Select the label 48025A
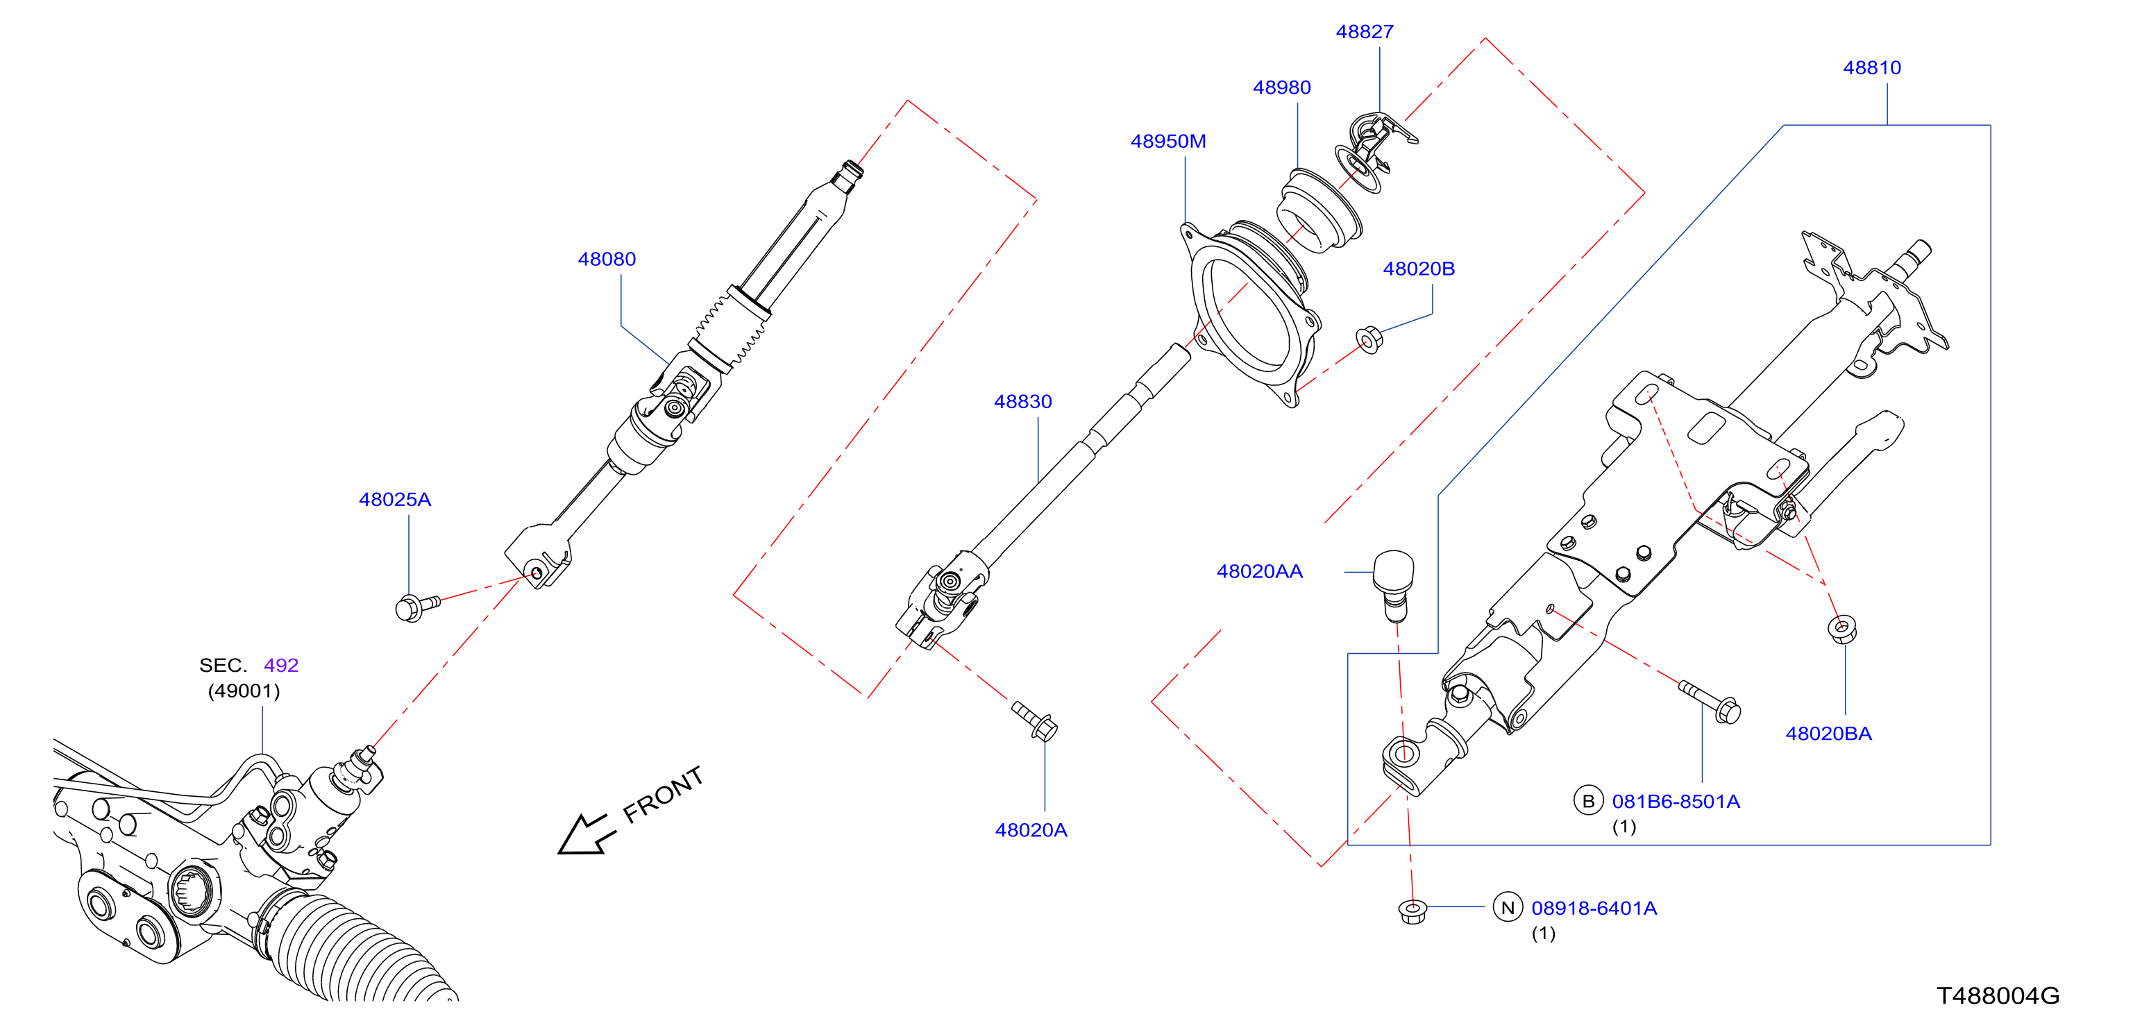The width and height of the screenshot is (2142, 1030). [394, 500]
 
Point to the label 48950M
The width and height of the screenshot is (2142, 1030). [1167, 142]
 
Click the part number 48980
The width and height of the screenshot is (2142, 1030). [1281, 87]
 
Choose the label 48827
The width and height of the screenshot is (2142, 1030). [1364, 32]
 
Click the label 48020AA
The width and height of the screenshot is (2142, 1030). [1259, 571]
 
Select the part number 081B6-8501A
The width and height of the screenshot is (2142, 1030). [1676, 802]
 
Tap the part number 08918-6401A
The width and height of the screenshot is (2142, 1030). [1594, 908]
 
